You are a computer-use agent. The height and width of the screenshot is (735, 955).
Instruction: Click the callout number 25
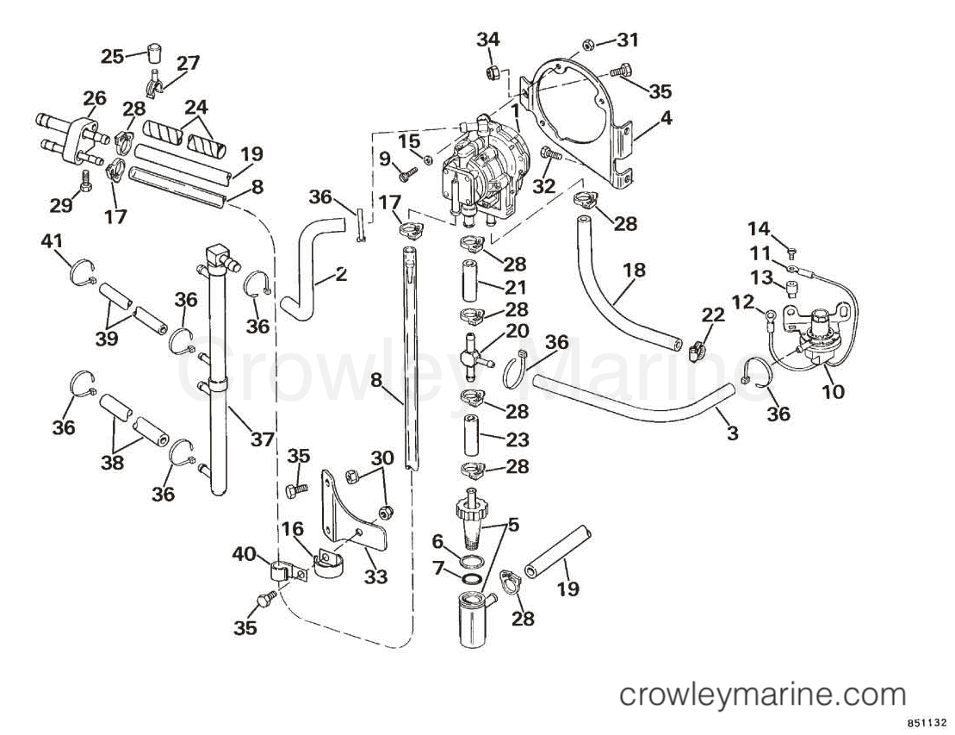click(112, 57)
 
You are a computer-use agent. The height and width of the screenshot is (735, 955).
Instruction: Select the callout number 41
click(52, 241)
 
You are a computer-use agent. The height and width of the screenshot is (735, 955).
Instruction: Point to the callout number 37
click(263, 439)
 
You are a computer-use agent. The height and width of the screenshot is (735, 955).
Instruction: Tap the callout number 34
click(488, 40)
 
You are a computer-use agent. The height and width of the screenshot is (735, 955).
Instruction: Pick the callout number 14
click(759, 228)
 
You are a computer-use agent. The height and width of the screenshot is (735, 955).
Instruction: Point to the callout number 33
click(375, 576)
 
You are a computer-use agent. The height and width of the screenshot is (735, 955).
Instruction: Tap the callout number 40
click(245, 554)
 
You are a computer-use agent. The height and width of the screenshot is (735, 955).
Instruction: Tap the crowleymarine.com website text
click(763, 695)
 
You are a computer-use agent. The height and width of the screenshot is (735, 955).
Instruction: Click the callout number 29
click(61, 205)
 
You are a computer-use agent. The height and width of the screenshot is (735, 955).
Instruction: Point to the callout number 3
click(732, 433)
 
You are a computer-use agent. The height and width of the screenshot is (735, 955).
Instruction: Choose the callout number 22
click(713, 315)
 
